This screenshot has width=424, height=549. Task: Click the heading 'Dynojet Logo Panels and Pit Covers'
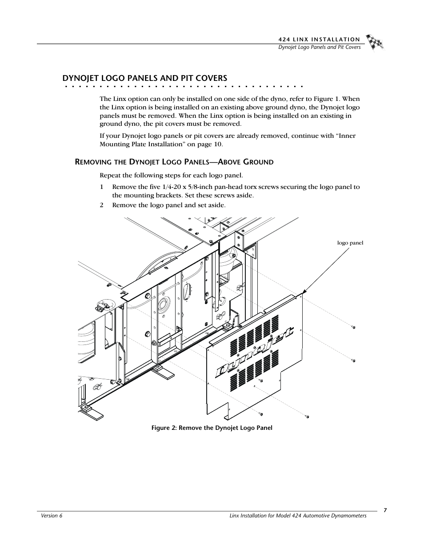[x=145, y=78]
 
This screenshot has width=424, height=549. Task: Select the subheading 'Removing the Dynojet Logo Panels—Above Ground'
[x=174, y=162]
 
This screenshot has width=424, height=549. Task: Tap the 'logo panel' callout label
[x=350, y=243]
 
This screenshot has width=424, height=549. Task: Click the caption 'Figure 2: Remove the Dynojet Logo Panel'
[x=212, y=428]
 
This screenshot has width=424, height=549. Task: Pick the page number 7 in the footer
[x=385, y=510]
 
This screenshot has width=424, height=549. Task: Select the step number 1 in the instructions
[x=101, y=187]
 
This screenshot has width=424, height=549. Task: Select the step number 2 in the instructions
[x=101, y=205]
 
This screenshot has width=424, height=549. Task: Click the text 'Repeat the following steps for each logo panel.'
[x=171, y=175]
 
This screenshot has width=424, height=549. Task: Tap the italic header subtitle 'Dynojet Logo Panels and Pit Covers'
[x=319, y=47]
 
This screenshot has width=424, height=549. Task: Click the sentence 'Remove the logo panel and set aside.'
[x=168, y=205]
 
